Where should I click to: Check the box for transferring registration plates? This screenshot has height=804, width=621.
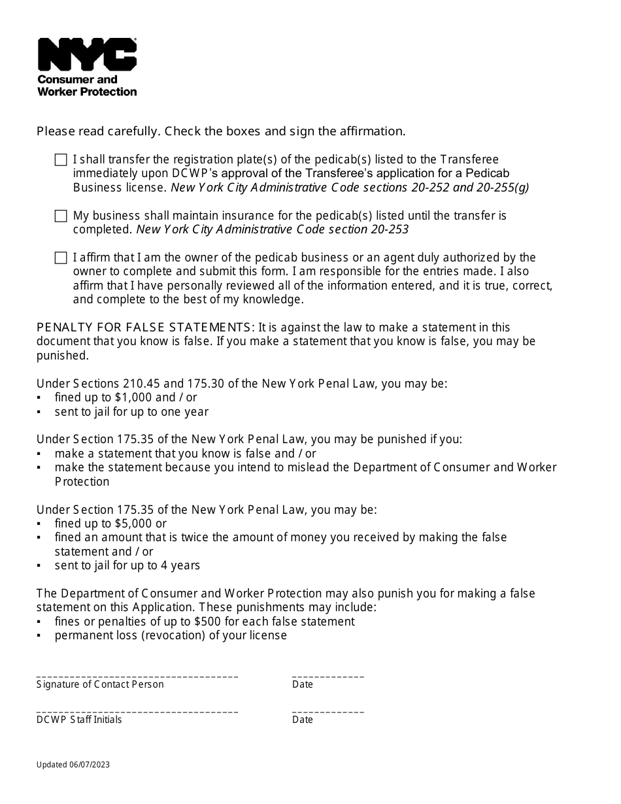pos(61,160)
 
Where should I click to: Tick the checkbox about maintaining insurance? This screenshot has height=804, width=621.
pos(61,216)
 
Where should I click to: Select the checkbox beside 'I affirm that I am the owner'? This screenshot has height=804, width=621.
pos(61,258)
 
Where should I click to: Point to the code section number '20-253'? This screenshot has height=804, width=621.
pos(390,229)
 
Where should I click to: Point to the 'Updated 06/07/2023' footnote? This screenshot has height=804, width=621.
pos(73,764)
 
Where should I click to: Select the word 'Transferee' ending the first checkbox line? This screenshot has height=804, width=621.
pos(469,159)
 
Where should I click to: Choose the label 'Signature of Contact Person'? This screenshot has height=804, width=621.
pos(100,684)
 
